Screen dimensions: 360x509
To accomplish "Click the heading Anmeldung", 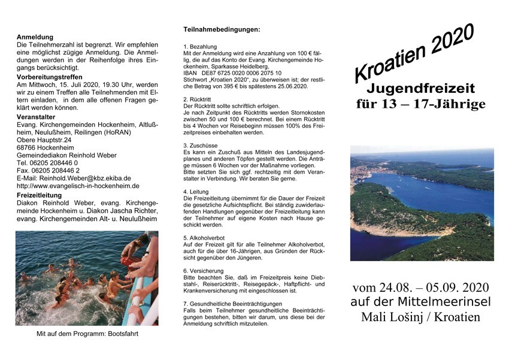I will [35, 37].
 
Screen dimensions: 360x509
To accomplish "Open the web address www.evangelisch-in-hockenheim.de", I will [83, 186].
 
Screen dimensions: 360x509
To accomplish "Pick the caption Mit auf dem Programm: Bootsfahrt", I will [87, 334].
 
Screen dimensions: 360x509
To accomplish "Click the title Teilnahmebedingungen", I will [222, 29].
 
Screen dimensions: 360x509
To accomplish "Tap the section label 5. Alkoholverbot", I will [207, 238].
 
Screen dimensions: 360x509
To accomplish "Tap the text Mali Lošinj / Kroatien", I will [420, 317].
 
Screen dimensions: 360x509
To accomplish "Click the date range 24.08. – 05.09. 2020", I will [420, 288].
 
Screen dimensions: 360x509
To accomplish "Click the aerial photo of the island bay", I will [422, 204].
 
